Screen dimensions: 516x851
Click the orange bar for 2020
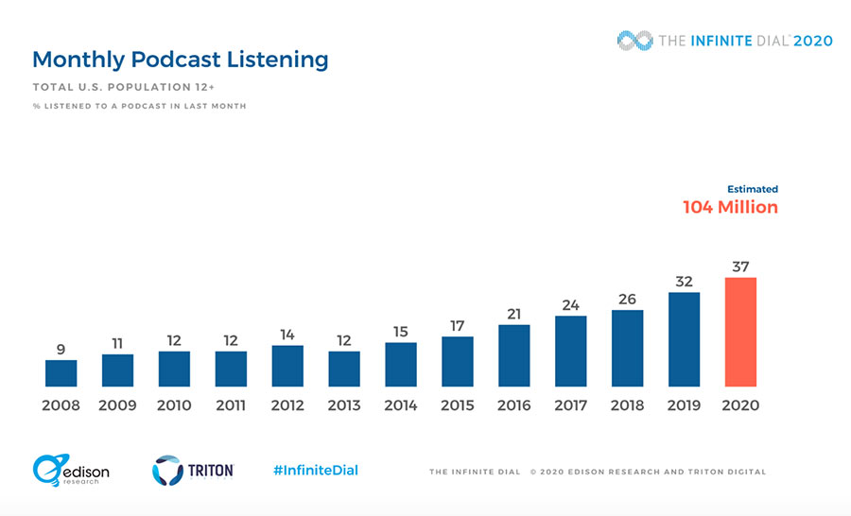[740, 332]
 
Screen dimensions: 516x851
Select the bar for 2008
[61, 373]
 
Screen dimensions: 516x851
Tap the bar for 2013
[344, 370]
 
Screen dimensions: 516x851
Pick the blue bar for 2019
[684, 339]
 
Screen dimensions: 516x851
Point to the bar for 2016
[514, 355]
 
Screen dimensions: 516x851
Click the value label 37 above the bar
[740, 267]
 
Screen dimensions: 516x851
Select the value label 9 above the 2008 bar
[61, 349]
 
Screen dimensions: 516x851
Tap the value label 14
[287, 334]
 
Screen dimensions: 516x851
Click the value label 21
[514, 314]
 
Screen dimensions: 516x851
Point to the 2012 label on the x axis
[287, 405]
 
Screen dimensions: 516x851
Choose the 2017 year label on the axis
[570, 405]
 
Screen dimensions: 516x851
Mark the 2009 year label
[117, 405]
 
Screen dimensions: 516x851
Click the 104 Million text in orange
[730, 207]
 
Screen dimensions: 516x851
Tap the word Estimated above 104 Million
[753, 189]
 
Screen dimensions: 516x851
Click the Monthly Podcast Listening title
[181, 60]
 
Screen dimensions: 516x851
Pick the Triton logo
[193, 471]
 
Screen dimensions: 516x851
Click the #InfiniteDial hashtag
[316, 471]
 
